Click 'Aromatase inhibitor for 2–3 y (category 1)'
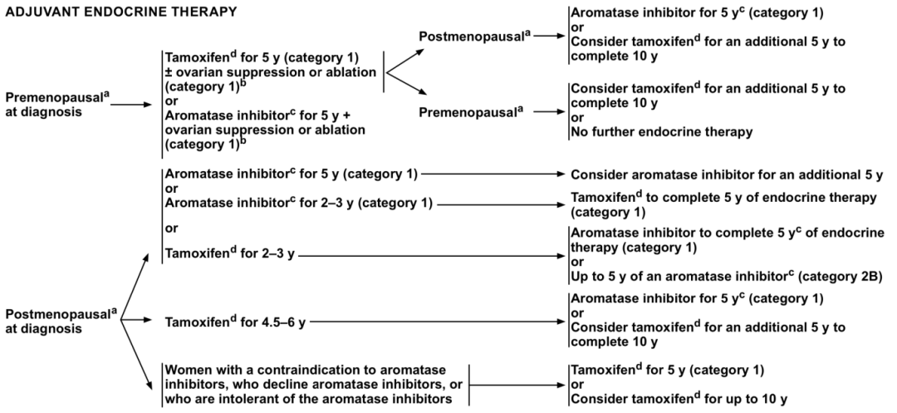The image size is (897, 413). click(298, 203)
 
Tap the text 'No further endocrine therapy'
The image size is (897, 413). click(661, 132)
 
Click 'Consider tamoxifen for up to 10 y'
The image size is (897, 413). click(679, 399)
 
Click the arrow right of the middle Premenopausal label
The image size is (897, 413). click(547, 110)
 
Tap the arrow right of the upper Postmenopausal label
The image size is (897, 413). click(547, 36)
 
